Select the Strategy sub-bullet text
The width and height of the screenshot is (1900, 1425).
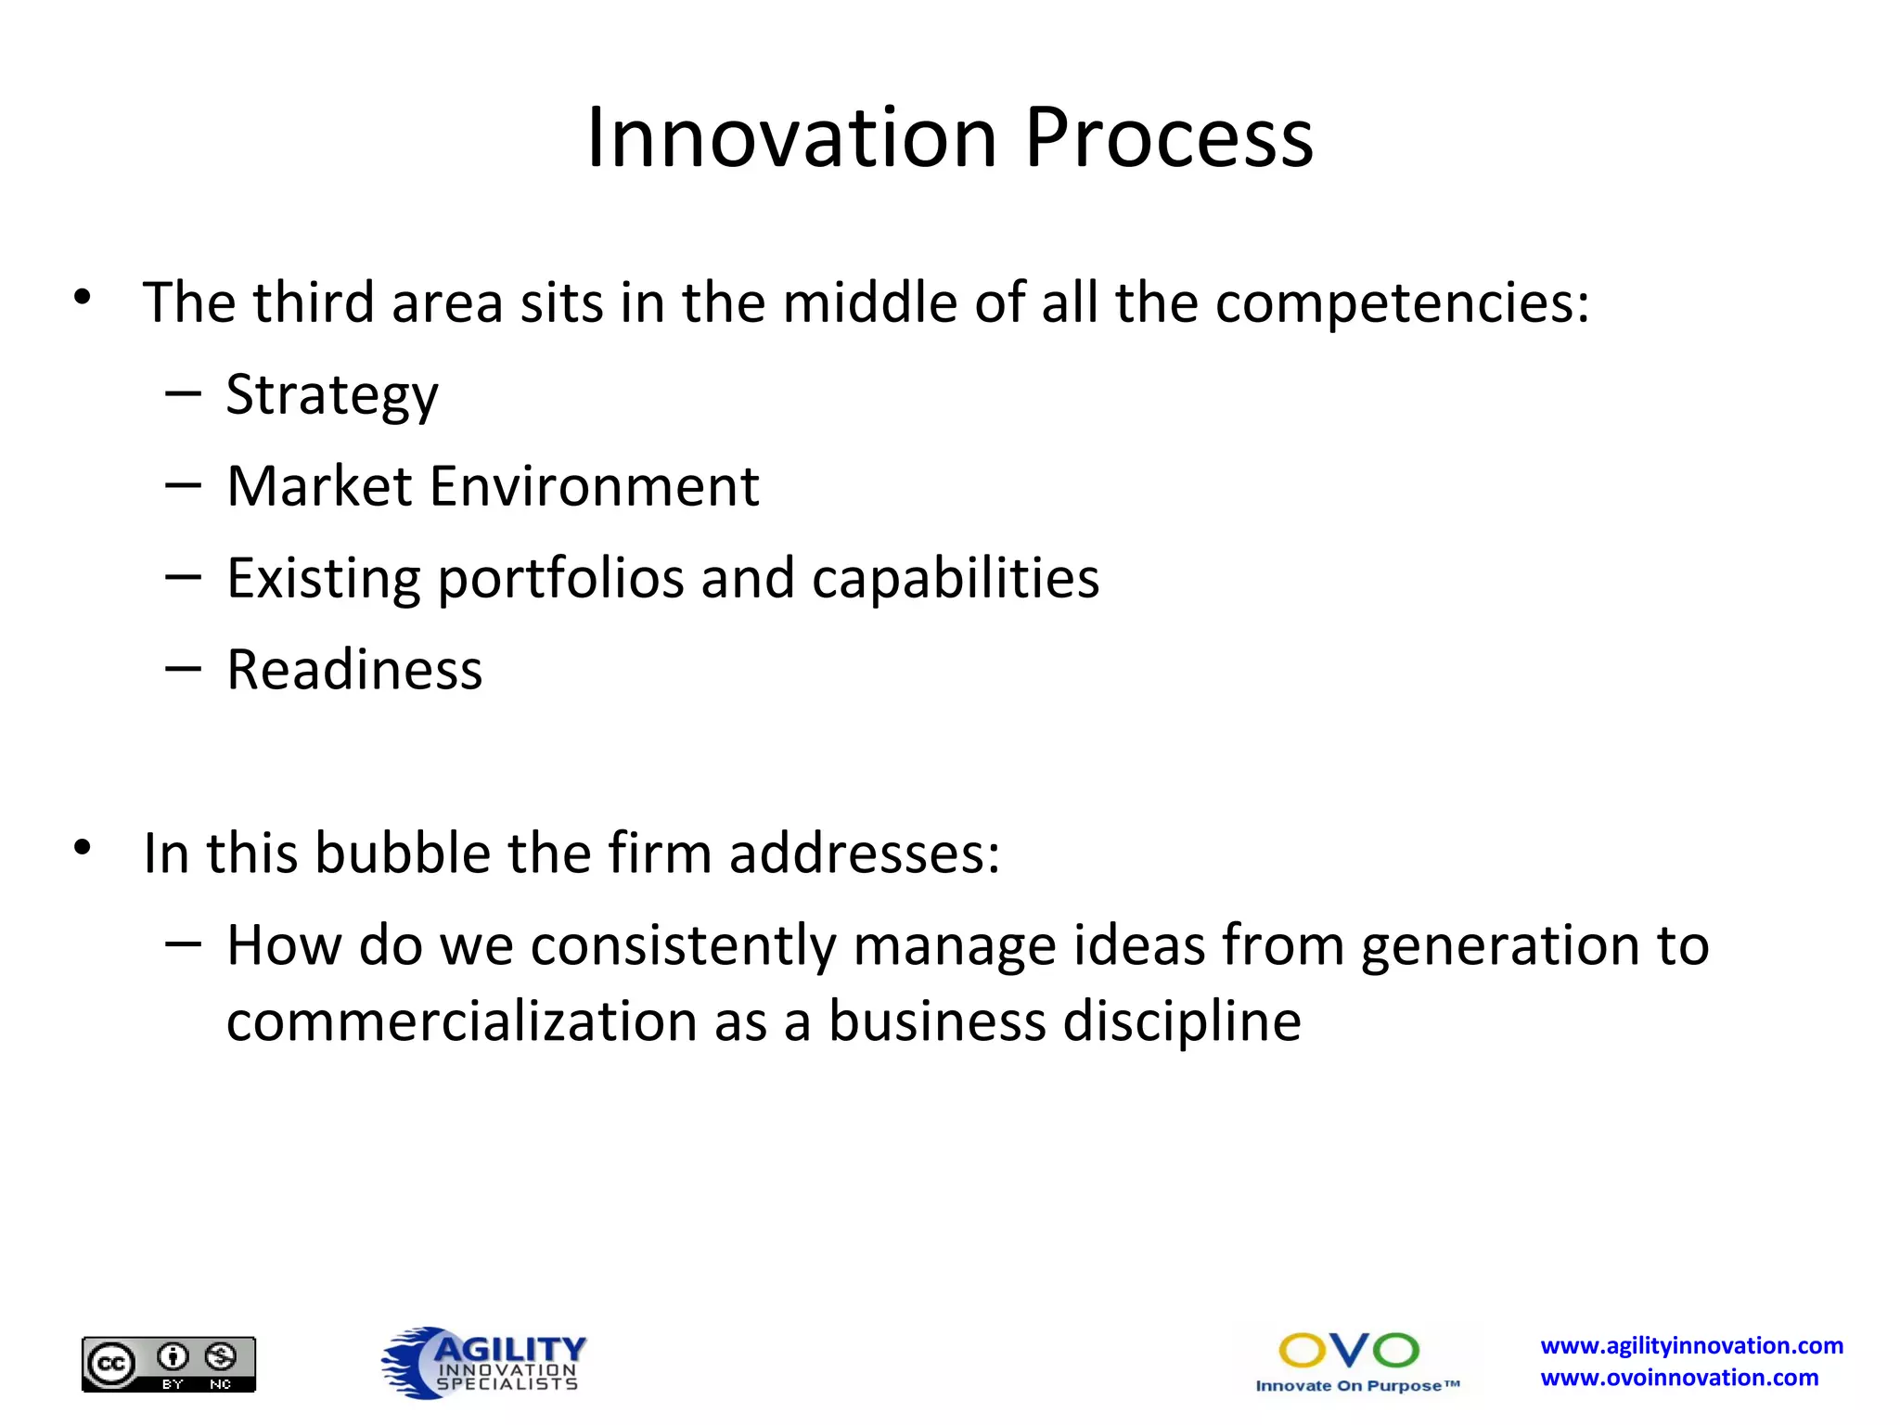point(332,395)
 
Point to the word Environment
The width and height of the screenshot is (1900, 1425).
point(594,486)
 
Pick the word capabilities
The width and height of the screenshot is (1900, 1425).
point(956,577)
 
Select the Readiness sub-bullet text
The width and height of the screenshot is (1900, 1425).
point(354,670)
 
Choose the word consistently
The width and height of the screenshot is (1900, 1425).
point(683,945)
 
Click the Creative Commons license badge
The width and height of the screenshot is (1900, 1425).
point(169,1364)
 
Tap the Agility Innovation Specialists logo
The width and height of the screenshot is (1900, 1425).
point(484,1362)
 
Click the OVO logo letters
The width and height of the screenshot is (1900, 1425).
point(1349,1351)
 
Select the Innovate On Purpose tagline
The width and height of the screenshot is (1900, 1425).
point(1357,1386)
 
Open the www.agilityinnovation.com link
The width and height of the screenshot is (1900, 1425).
point(1691,1345)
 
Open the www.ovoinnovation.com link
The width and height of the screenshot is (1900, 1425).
point(1679,1378)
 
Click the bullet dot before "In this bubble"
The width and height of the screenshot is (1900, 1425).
point(83,848)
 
